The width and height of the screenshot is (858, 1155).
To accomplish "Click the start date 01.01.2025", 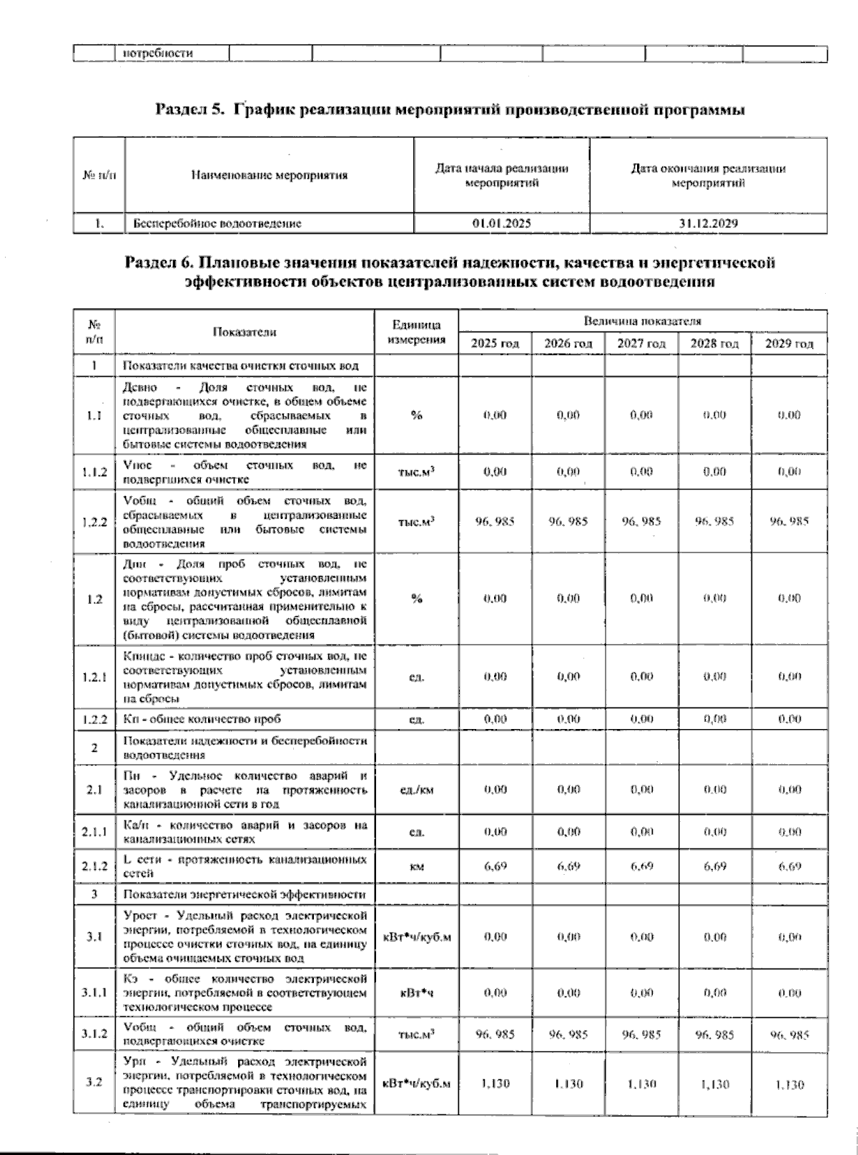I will tap(501, 224).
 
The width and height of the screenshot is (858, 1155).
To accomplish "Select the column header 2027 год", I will tap(641, 344).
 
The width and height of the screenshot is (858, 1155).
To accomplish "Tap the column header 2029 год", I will tap(789, 344).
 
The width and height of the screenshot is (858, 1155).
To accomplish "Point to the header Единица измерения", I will tap(416, 332).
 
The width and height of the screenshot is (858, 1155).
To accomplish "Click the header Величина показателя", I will tap(642, 321).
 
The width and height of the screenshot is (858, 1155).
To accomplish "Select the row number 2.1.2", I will tap(94, 866).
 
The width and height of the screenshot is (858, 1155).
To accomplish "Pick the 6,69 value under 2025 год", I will tap(495, 866).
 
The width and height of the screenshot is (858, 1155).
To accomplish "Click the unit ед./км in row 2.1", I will tap(416, 790).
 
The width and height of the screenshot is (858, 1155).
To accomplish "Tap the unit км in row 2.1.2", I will tap(416, 867).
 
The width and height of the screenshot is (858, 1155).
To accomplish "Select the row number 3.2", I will tap(94, 1083).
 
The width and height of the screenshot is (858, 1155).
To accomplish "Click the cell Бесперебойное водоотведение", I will tap(217, 224).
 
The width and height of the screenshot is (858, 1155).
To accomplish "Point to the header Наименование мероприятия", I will tap(269, 175).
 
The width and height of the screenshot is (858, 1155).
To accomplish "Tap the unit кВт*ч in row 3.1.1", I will tap(416, 993).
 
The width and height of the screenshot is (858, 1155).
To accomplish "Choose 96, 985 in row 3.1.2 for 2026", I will tap(568, 1035).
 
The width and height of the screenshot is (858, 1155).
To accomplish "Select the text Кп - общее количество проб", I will tap(207, 719).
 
